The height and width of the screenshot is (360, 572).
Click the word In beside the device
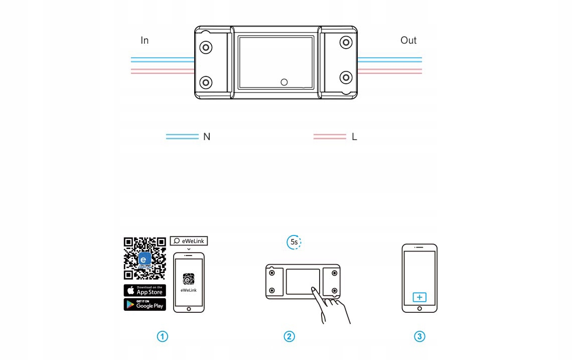click(145, 41)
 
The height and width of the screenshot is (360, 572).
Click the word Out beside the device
click(408, 41)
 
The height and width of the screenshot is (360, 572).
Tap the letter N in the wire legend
click(207, 137)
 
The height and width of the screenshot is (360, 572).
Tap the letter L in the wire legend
click(354, 137)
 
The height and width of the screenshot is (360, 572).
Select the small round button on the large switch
click(284, 82)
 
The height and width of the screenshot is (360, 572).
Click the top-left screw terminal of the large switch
click(206, 47)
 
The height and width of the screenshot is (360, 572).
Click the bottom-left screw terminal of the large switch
click(206, 82)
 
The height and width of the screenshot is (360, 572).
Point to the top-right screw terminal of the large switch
click(346, 42)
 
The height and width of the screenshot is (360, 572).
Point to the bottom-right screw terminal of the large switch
click(346, 77)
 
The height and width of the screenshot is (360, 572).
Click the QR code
click(145, 258)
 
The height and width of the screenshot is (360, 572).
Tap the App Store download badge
click(145, 290)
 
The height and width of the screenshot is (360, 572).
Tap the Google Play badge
click(145, 304)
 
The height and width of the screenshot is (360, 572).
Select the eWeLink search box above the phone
click(189, 241)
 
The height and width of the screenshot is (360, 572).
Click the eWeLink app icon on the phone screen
click(189, 279)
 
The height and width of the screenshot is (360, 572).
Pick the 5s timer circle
click(294, 243)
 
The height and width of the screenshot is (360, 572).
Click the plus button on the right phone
click(419, 297)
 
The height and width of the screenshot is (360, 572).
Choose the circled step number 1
click(163, 337)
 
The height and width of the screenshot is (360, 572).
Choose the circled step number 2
click(289, 337)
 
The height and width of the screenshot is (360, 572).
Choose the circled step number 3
click(419, 337)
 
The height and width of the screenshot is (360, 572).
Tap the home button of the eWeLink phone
click(189, 309)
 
